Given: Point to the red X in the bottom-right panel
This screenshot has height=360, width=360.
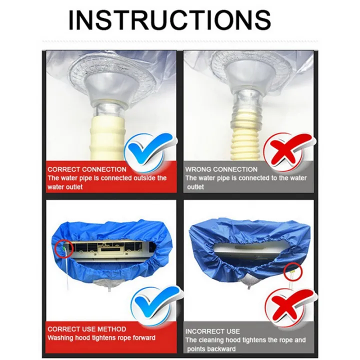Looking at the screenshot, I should pyautogui.click(x=286, y=304).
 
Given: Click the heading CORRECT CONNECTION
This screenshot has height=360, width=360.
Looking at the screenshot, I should pyautogui.click(x=87, y=169).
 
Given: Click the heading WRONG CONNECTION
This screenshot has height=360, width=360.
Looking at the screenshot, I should pyautogui.click(x=221, y=169).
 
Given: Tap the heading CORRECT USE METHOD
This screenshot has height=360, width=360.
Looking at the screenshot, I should pyautogui.click(x=86, y=329).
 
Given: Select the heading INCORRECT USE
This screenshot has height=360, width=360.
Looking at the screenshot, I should pyautogui.click(x=212, y=331).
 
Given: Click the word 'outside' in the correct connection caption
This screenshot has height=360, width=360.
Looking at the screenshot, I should pyautogui.click(x=143, y=178).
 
